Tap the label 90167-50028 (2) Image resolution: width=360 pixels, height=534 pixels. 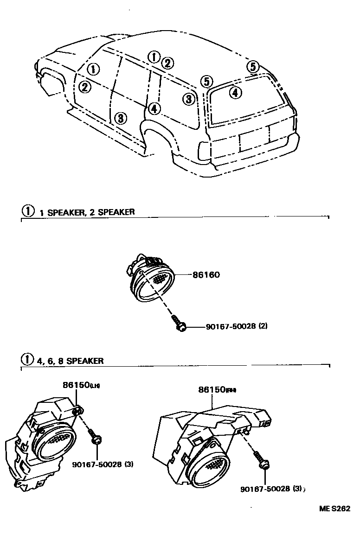(236, 326)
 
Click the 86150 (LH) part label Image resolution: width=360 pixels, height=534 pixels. (81, 385)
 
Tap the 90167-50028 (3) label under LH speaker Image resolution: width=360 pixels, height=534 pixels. (103, 464)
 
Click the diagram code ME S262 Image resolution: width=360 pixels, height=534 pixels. (334, 509)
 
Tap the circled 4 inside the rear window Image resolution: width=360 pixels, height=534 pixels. (236, 93)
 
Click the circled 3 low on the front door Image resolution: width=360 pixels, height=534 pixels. (120, 118)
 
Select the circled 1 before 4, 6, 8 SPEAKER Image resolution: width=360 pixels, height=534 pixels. (28, 360)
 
